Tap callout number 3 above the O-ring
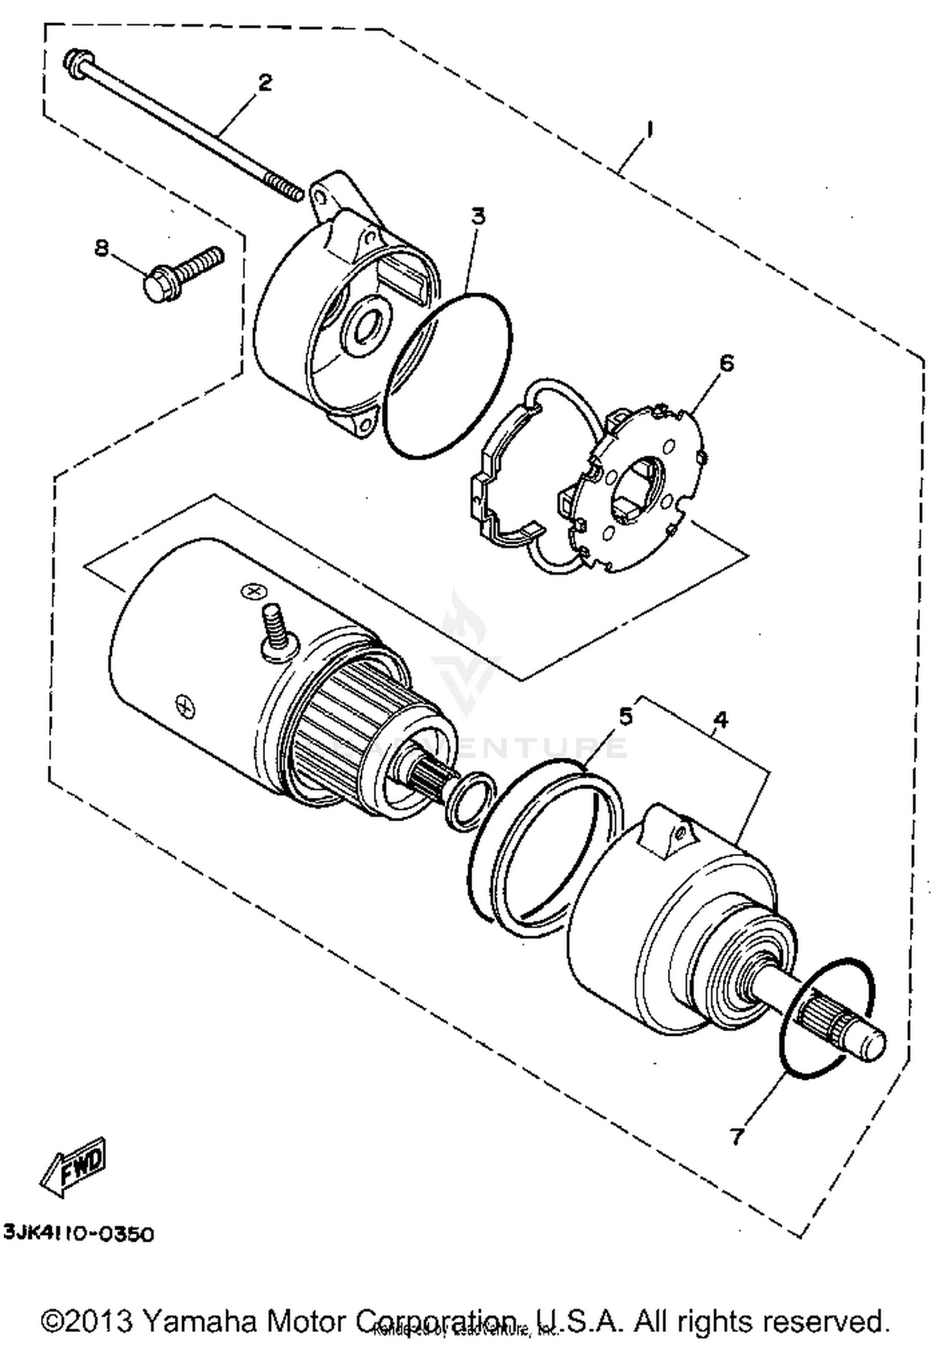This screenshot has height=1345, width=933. tap(478, 217)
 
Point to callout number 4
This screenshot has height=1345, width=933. tap(720, 720)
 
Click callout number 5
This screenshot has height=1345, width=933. tap(625, 716)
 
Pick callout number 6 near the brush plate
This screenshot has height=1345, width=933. tap(726, 363)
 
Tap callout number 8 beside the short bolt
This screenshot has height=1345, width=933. tap(101, 248)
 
